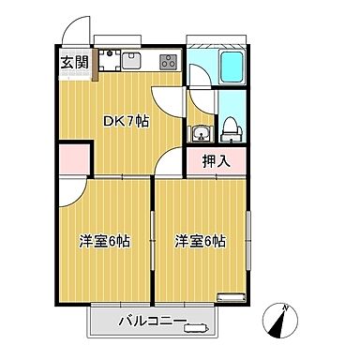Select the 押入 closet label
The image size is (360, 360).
pos(217,161)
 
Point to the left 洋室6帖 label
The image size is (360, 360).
pos(103,241)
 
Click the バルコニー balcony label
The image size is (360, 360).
pos(150,324)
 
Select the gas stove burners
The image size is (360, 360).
pos(167,63)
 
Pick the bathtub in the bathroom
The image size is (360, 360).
pos(232,68)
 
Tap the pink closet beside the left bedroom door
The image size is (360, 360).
pos(75,161)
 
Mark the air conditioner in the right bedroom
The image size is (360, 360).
pos(229,298)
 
